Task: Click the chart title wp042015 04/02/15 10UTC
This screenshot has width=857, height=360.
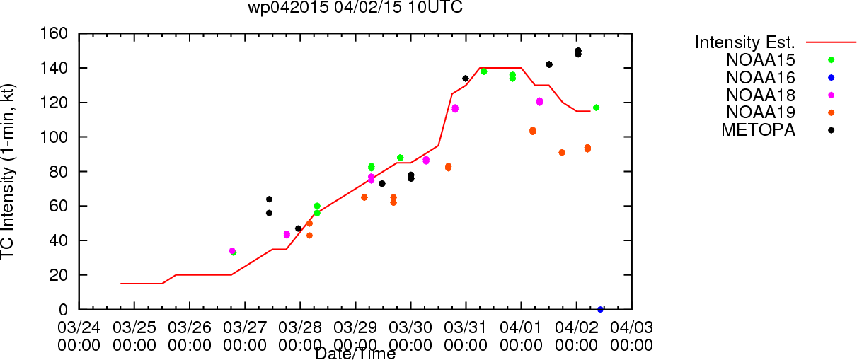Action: pos(355,7)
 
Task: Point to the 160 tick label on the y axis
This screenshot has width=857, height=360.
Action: pos(54,34)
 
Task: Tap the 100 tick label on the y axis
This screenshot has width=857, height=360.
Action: pos(54,137)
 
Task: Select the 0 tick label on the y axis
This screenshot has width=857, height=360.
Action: pos(63,310)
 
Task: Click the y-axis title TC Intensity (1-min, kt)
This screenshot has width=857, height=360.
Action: pos(8,172)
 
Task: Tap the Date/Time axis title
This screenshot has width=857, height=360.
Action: pos(355,354)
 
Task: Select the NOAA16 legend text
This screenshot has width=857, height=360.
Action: pos(761,78)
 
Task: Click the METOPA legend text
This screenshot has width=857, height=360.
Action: pos(759,130)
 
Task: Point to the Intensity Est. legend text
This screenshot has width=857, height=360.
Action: pos(745,42)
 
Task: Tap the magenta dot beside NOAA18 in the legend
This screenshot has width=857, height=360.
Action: pos(831,95)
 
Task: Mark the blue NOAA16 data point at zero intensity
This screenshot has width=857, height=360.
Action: pos(600,310)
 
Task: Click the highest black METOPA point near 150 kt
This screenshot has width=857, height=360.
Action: pos(578,50)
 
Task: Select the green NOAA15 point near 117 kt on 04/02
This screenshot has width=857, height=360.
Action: pos(596,108)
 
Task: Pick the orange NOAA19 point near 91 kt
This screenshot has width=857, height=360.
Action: pos(562,153)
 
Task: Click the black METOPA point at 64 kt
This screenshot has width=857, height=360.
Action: pos(269,199)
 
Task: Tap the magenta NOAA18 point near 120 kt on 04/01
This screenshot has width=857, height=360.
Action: pos(539,102)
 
